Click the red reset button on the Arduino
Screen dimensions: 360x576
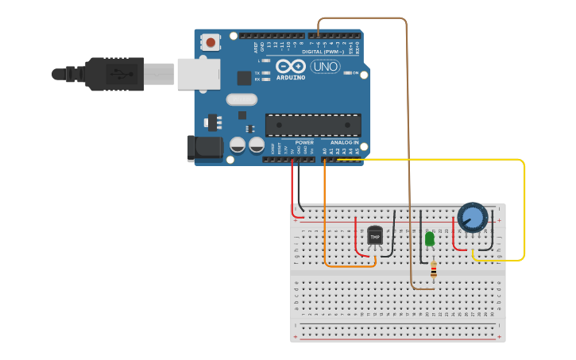[x=211, y=42]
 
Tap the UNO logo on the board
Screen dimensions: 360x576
[x=325, y=67]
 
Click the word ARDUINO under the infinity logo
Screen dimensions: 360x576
[x=290, y=78]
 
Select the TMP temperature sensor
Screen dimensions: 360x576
[x=375, y=236]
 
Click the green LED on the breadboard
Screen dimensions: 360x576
[x=430, y=238]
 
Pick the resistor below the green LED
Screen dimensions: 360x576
[x=433, y=271]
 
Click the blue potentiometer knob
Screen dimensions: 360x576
[x=472, y=217]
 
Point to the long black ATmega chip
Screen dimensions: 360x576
[x=313, y=125]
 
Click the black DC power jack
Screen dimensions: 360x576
[x=204, y=149]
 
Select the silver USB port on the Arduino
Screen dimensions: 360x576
[x=198, y=74]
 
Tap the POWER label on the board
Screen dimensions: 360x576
[x=304, y=143]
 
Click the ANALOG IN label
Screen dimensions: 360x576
[x=345, y=143]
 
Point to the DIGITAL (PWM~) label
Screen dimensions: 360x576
[x=323, y=52]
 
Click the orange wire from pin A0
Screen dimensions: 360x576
[x=325, y=230]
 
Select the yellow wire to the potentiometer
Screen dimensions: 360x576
[x=524, y=207]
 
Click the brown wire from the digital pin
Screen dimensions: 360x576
[x=408, y=119]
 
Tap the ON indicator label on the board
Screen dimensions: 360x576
[x=354, y=72]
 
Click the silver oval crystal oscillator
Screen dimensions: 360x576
[x=242, y=99]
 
